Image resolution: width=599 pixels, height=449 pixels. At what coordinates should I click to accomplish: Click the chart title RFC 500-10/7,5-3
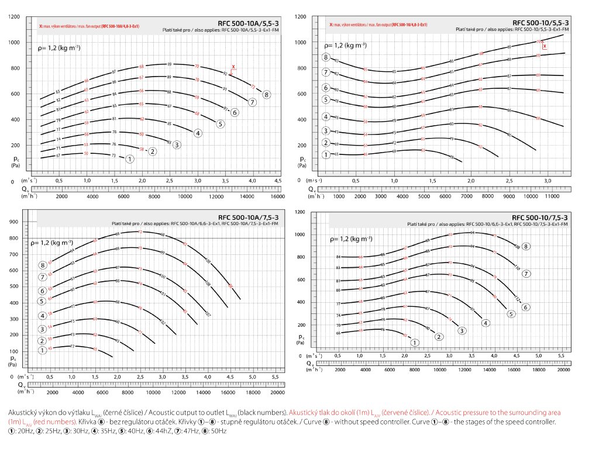coord(539,217)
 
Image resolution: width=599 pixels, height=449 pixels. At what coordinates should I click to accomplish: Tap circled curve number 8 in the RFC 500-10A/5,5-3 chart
coord(266,94)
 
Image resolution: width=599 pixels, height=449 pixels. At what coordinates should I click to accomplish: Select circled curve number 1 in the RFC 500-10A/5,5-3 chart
coord(130,158)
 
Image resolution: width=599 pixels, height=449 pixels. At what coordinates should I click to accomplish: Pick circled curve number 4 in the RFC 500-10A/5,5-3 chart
coord(198,133)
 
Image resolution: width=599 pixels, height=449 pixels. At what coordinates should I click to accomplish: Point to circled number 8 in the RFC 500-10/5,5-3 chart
coord(325,57)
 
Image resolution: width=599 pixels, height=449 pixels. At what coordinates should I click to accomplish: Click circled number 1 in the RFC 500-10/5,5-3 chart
coord(325,155)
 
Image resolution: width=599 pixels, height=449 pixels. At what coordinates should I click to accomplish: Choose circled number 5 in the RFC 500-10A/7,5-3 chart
coord(42,301)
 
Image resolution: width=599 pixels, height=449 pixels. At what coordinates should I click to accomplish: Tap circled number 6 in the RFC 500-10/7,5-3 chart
coord(526,307)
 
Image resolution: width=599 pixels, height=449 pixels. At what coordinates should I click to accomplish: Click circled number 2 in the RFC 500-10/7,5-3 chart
coord(439,337)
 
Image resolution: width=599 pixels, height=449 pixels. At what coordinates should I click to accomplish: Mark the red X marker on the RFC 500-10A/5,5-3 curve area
coord(233,67)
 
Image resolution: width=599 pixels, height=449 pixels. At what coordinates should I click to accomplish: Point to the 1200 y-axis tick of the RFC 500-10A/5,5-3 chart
coord(14,16)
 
